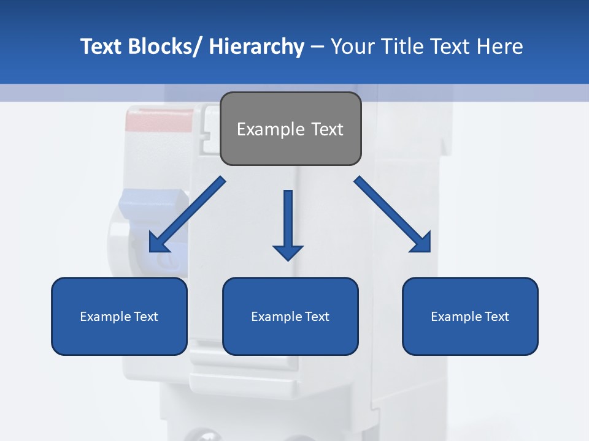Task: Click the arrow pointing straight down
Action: [x=288, y=224]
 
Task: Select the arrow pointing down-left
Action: [x=187, y=214]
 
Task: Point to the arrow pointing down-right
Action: [x=393, y=214]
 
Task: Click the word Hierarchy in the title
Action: [x=256, y=47]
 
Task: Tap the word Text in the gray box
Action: [x=326, y=129]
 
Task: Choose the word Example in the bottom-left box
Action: [x=102, y=317]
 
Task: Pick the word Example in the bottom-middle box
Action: [x=273, y=317]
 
